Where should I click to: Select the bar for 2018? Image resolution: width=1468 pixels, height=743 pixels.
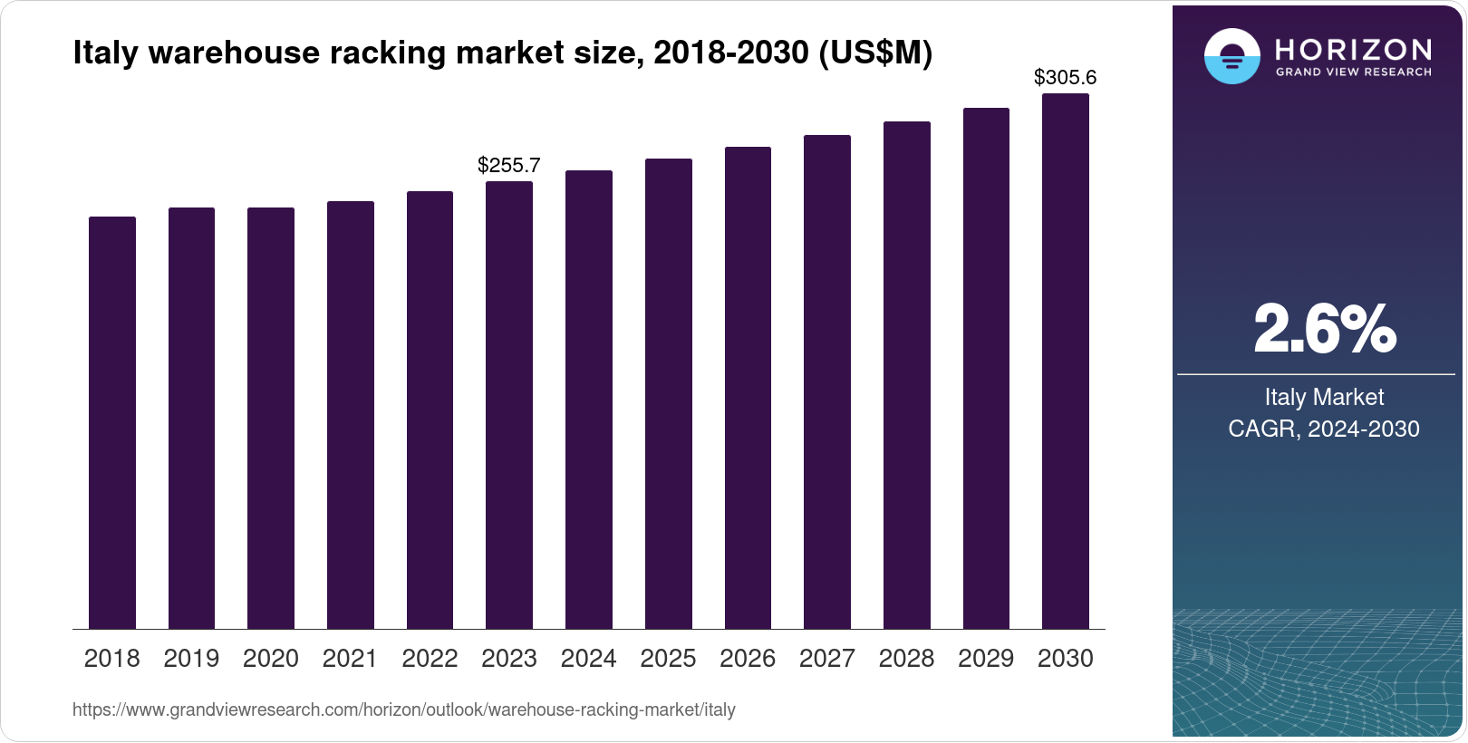point(112,422)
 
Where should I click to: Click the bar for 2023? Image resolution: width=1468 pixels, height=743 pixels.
point(509,405)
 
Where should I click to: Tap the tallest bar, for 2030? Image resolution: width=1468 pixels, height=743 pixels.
point(1066,361)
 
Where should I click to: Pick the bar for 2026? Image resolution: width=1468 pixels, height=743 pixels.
point(748,388)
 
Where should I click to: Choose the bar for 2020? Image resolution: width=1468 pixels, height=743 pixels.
point(271,418)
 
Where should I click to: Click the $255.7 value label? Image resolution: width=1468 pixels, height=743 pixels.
point(509,165)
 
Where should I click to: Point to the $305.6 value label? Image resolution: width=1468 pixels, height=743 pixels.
point(1066,78)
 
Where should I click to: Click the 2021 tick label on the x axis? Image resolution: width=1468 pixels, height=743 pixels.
point(350,659)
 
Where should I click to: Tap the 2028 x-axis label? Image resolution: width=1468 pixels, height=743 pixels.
point(906,659)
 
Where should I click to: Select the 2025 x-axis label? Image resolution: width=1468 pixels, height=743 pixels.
point(668,659)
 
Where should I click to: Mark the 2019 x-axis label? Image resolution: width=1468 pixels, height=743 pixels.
point(191,659)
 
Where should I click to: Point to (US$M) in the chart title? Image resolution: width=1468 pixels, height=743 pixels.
point(875,53)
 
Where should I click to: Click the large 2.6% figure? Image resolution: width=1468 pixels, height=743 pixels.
point(1324,329)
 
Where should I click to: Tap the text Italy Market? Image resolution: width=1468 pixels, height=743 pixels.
point(1324,397)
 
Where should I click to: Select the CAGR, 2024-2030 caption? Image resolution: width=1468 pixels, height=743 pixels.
point(1324,429)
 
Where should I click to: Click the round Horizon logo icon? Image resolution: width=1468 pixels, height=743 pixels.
point(1231,56)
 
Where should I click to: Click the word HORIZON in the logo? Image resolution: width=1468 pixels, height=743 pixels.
point(1353,49)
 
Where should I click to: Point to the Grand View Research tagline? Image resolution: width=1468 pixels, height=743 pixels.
point(1353,72)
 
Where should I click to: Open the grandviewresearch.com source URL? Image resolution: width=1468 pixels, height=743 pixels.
point(404,710)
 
